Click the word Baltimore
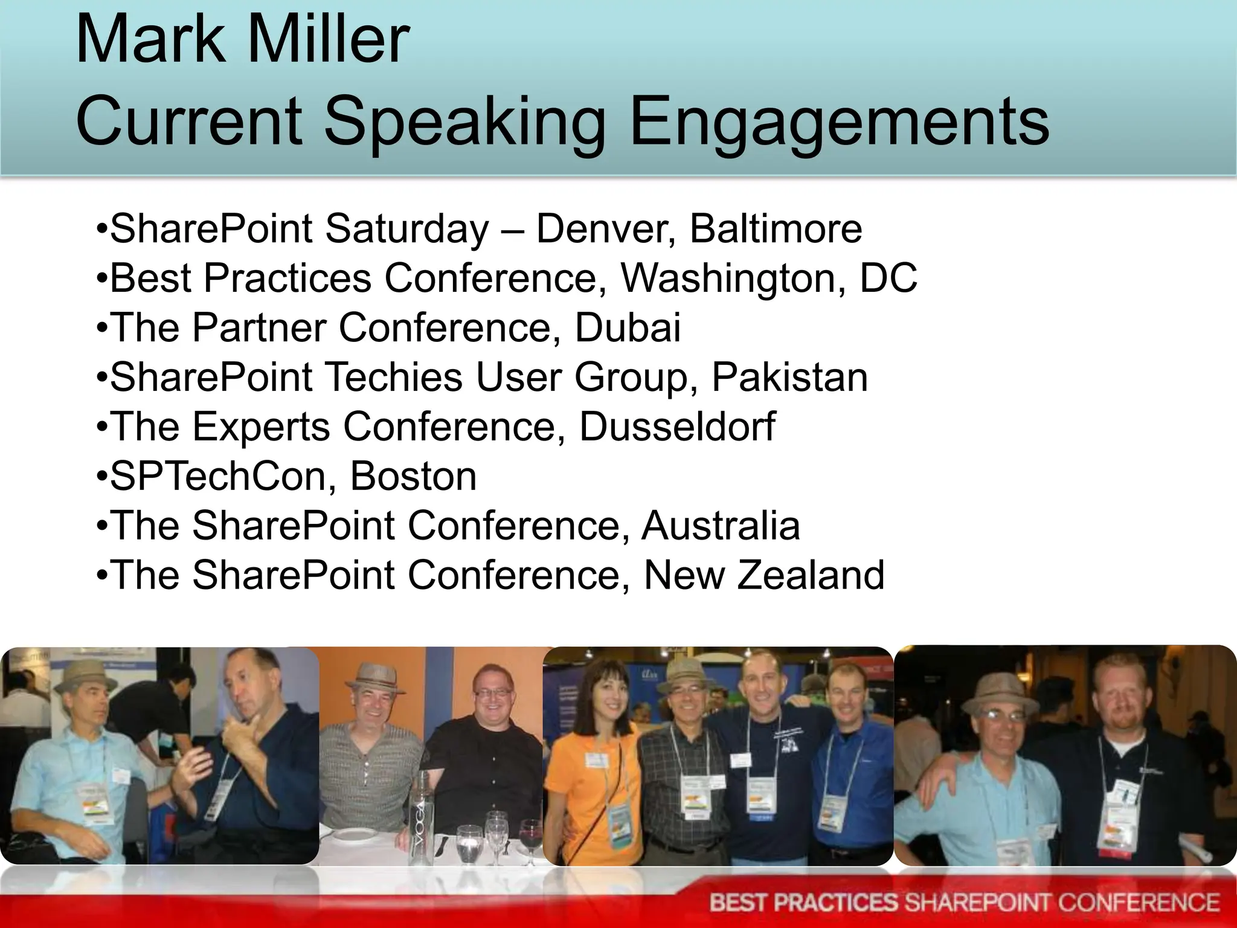click(776, 229)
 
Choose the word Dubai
click(628, 328)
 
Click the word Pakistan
click(789, 378)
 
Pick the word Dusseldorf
click(677, 427)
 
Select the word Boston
click(413, 477)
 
